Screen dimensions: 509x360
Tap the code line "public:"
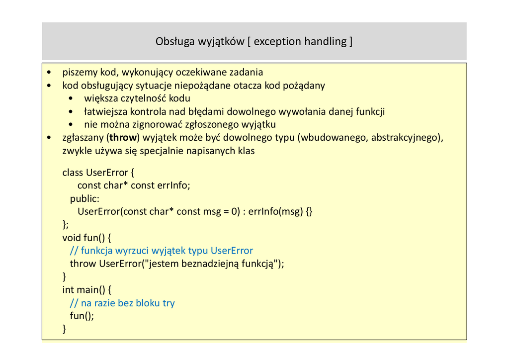(x=85, y=198)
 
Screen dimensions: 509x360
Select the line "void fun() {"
(x=86, y=238)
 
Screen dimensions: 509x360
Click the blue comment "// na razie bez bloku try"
(x=122, y=303)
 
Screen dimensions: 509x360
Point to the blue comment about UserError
(x=162, y=251)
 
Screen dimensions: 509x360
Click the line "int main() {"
(x=86, y=289)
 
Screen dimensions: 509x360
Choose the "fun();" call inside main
(x=82, y=316)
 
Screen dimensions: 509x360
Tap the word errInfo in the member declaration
(x=173, y=185)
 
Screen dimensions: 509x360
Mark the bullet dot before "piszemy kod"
(x=49, y=73)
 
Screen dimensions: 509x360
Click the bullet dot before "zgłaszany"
(x=49, y=138)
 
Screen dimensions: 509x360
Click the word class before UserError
(x=73, y=173)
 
